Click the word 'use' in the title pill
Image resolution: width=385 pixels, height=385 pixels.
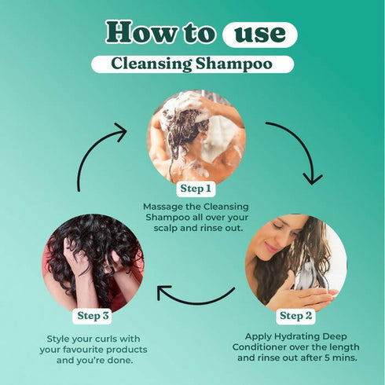coord(259,34)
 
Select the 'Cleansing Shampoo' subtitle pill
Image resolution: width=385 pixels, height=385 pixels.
coord(192,64)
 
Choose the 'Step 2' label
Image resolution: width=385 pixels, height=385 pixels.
coord(295,315)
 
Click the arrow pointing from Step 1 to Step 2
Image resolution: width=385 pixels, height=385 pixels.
coord(297,149)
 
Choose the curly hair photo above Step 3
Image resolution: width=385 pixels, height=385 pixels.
coord(93,264)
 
